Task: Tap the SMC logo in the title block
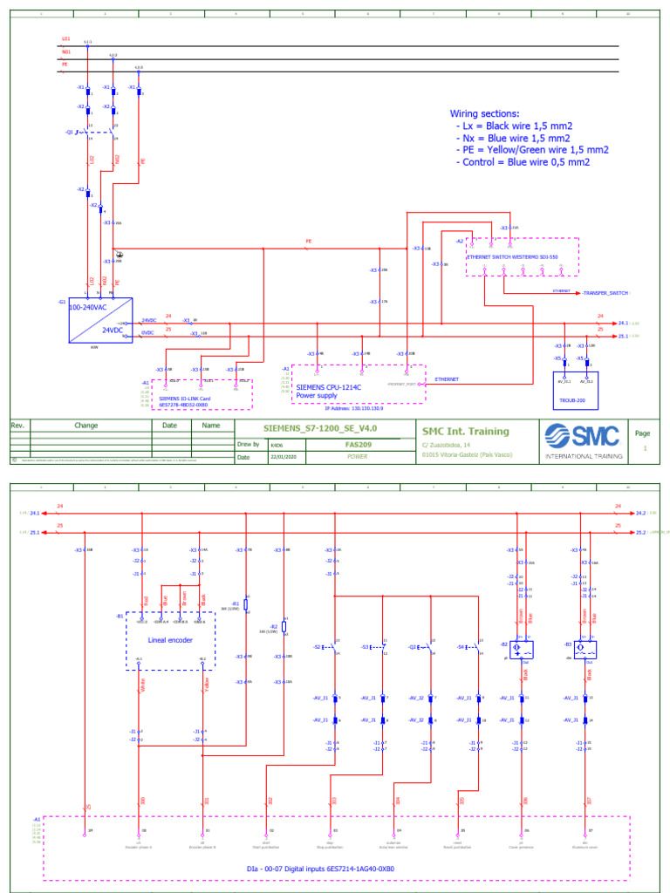point(583,435)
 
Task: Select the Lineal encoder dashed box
point(170,641)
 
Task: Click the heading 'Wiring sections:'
point(484,113)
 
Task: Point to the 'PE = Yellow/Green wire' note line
point(532,150)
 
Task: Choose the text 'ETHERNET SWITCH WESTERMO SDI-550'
point(511,257)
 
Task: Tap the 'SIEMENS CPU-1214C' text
point(329,386)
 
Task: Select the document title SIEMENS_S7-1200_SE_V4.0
point(321,428)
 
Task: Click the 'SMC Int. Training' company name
point(466,430)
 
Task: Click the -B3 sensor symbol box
point(584,650)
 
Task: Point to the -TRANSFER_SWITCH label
point(604,294)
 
